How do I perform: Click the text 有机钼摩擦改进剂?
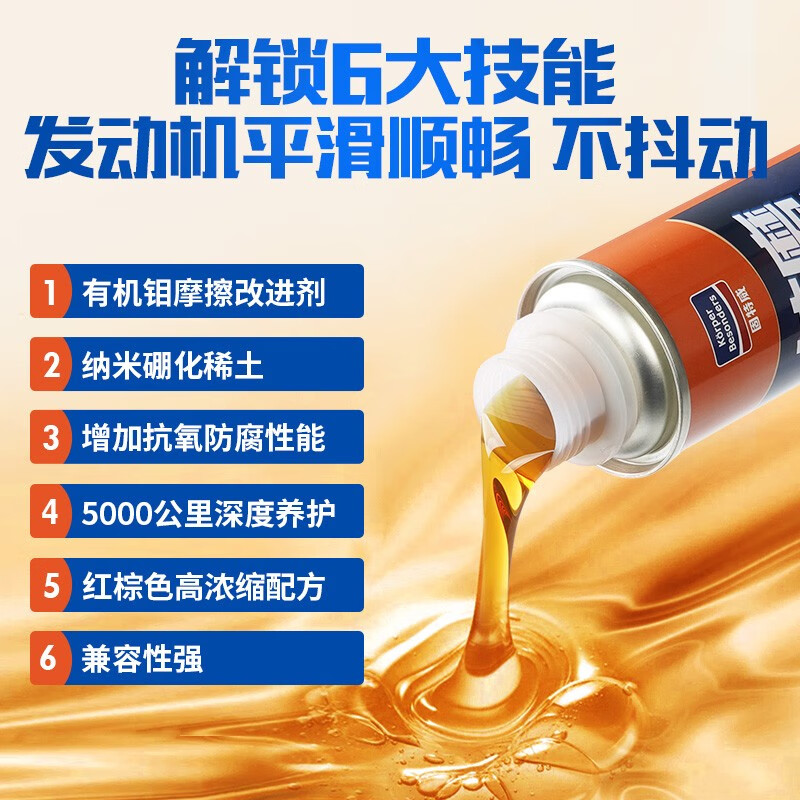[x=203, y=292]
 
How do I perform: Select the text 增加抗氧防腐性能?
[x=203, y=438]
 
